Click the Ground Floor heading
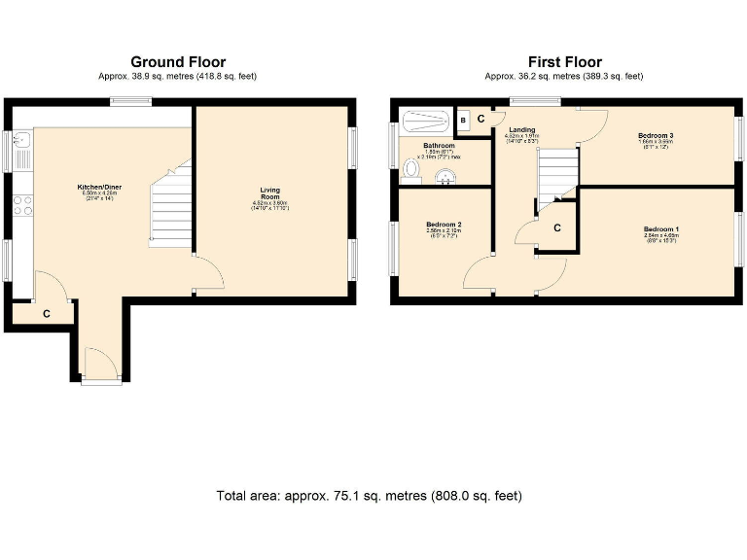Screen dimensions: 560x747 point(178,62)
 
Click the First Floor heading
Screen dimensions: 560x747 point(564,62)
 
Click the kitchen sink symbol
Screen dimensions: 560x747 point(23,151)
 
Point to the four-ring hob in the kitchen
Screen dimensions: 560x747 point(23,205)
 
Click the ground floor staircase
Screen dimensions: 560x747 point(170,205)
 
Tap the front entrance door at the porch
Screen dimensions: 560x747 point(101,367)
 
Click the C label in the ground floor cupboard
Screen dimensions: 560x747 point(46,314)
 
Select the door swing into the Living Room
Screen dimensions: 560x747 point(205,273)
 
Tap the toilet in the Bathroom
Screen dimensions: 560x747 point(411,172)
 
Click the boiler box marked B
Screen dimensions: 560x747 point(463,121)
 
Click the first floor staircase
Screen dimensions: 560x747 point(558,175)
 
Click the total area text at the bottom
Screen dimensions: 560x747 point(370,496)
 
